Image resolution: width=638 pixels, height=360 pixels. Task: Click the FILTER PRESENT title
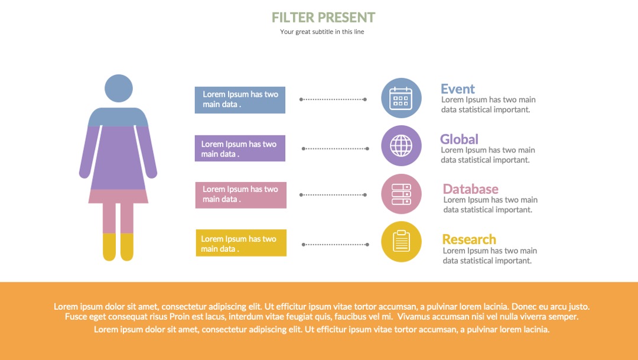[324, 18]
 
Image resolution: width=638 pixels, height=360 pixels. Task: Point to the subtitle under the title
[322, 32]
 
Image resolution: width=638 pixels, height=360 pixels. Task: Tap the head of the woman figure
[118, 88]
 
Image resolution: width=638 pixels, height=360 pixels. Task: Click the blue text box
[240, 100]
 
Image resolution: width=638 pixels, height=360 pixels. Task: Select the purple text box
[240, 148]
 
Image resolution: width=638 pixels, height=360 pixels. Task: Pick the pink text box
[241, 195]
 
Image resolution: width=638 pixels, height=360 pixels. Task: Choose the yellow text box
[241, 243]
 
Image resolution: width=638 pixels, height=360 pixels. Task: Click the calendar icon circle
[401, 98]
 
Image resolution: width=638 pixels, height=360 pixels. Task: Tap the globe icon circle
[401, 145]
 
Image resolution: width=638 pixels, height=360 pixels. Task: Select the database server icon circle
[401, 194]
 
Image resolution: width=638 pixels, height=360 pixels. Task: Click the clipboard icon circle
[401, 242]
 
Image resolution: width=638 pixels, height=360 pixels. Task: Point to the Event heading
[458, 89]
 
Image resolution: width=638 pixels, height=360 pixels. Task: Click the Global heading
[459, 140]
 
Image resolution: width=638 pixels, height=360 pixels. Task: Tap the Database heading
[470, 189]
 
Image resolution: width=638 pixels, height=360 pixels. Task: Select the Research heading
[469, 239]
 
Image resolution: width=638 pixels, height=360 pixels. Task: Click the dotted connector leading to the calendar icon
[333, 99]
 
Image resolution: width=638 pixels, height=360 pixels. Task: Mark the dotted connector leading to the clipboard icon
[336, 245]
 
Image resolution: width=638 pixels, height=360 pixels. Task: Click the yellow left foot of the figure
[109, 247]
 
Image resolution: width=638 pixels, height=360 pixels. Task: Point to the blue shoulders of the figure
[118, 117]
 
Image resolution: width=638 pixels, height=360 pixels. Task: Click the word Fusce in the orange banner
[76, 316]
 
